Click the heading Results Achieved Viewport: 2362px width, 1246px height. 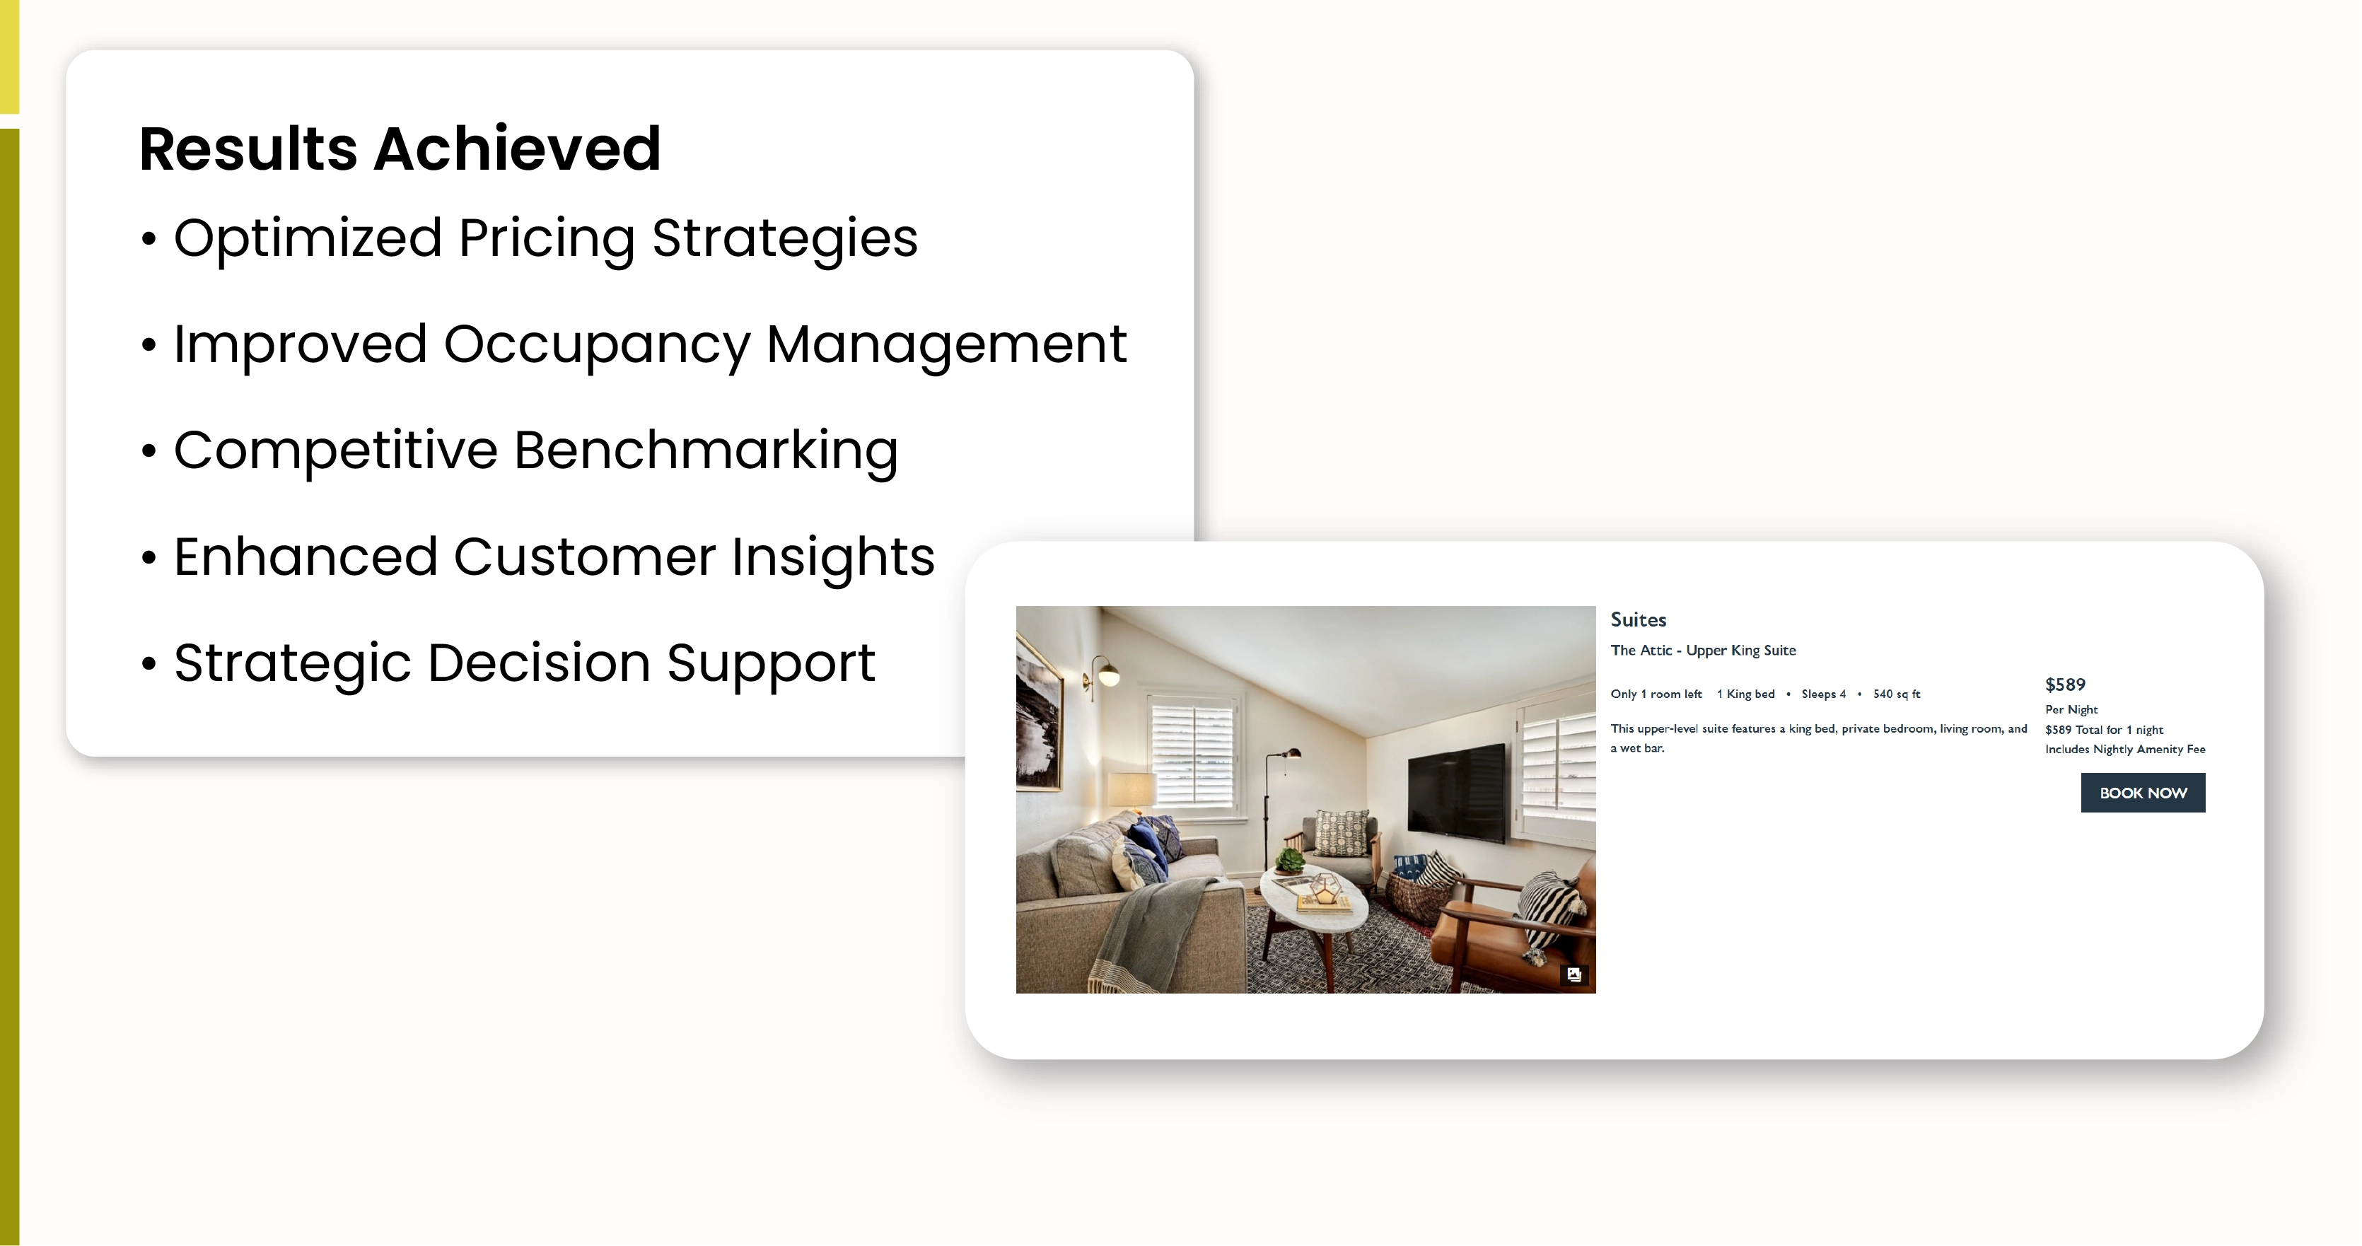coord(400,149)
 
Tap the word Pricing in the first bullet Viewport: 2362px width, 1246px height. coord(547,239)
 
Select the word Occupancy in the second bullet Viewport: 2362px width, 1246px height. coord(597,346)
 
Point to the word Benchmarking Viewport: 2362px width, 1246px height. coord(706,451)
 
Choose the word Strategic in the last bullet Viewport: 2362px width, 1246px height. coord(293,664)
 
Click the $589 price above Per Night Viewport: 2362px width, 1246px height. coord(2065,685)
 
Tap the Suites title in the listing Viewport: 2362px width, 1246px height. coord(1639,619)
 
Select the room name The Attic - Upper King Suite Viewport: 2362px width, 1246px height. coord(1704,650)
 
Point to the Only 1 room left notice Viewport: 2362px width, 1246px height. coord(1656,694)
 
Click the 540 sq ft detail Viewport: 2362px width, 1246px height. coord(1896,694)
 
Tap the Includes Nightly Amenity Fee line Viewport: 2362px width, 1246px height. coord(2125,749)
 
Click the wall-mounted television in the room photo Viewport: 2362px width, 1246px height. coord(1456,793)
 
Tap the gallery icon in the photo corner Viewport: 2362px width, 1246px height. coord(1574,974)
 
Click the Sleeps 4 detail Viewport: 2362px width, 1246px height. coord(1823,694)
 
